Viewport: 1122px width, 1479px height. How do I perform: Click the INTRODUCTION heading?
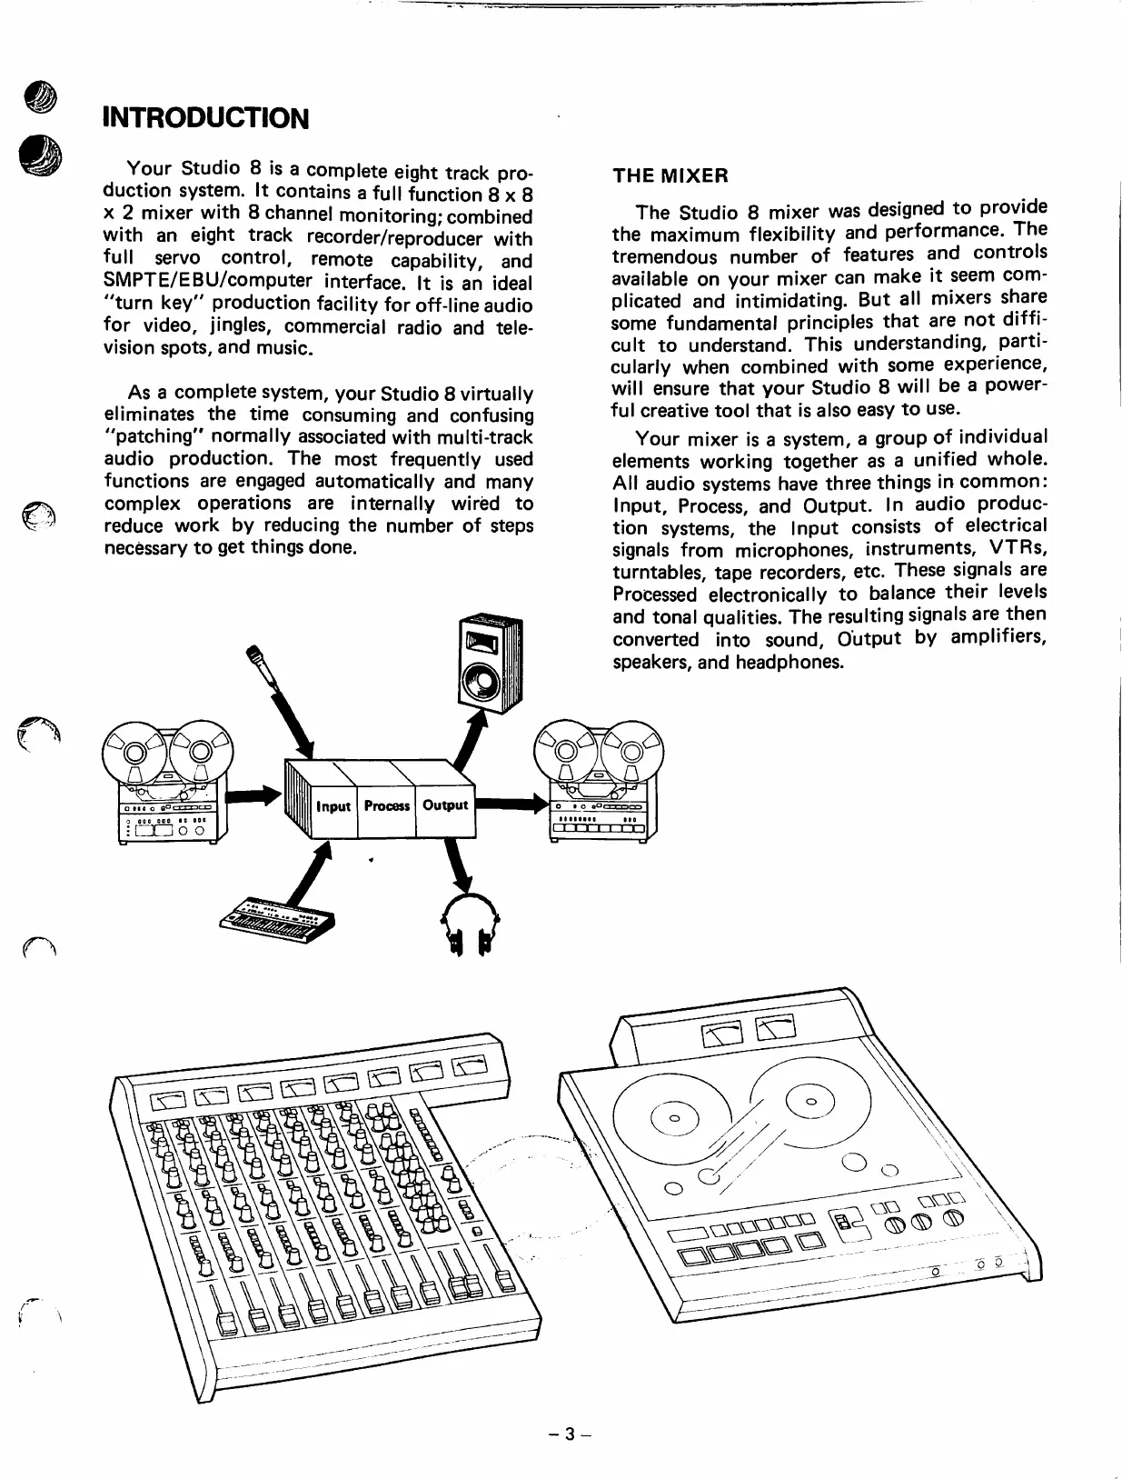(206, 118)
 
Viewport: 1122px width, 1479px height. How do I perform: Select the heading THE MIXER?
(670, 175)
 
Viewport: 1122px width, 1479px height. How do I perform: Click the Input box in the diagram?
(333, 806)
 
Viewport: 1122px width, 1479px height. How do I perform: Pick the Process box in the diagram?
(386, 806)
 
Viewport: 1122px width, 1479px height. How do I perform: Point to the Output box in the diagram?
(445, 805)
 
